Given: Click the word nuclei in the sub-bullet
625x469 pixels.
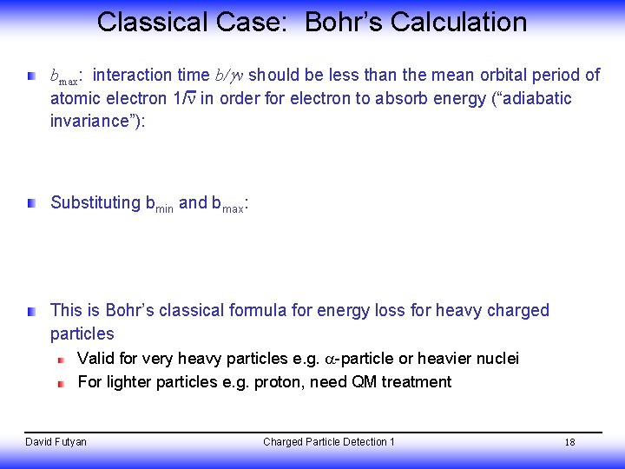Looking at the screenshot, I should (x=497, y=359).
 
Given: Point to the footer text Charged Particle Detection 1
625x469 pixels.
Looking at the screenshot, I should (x=329, y=442).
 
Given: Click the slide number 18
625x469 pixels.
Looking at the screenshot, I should (x=569, y=443).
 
